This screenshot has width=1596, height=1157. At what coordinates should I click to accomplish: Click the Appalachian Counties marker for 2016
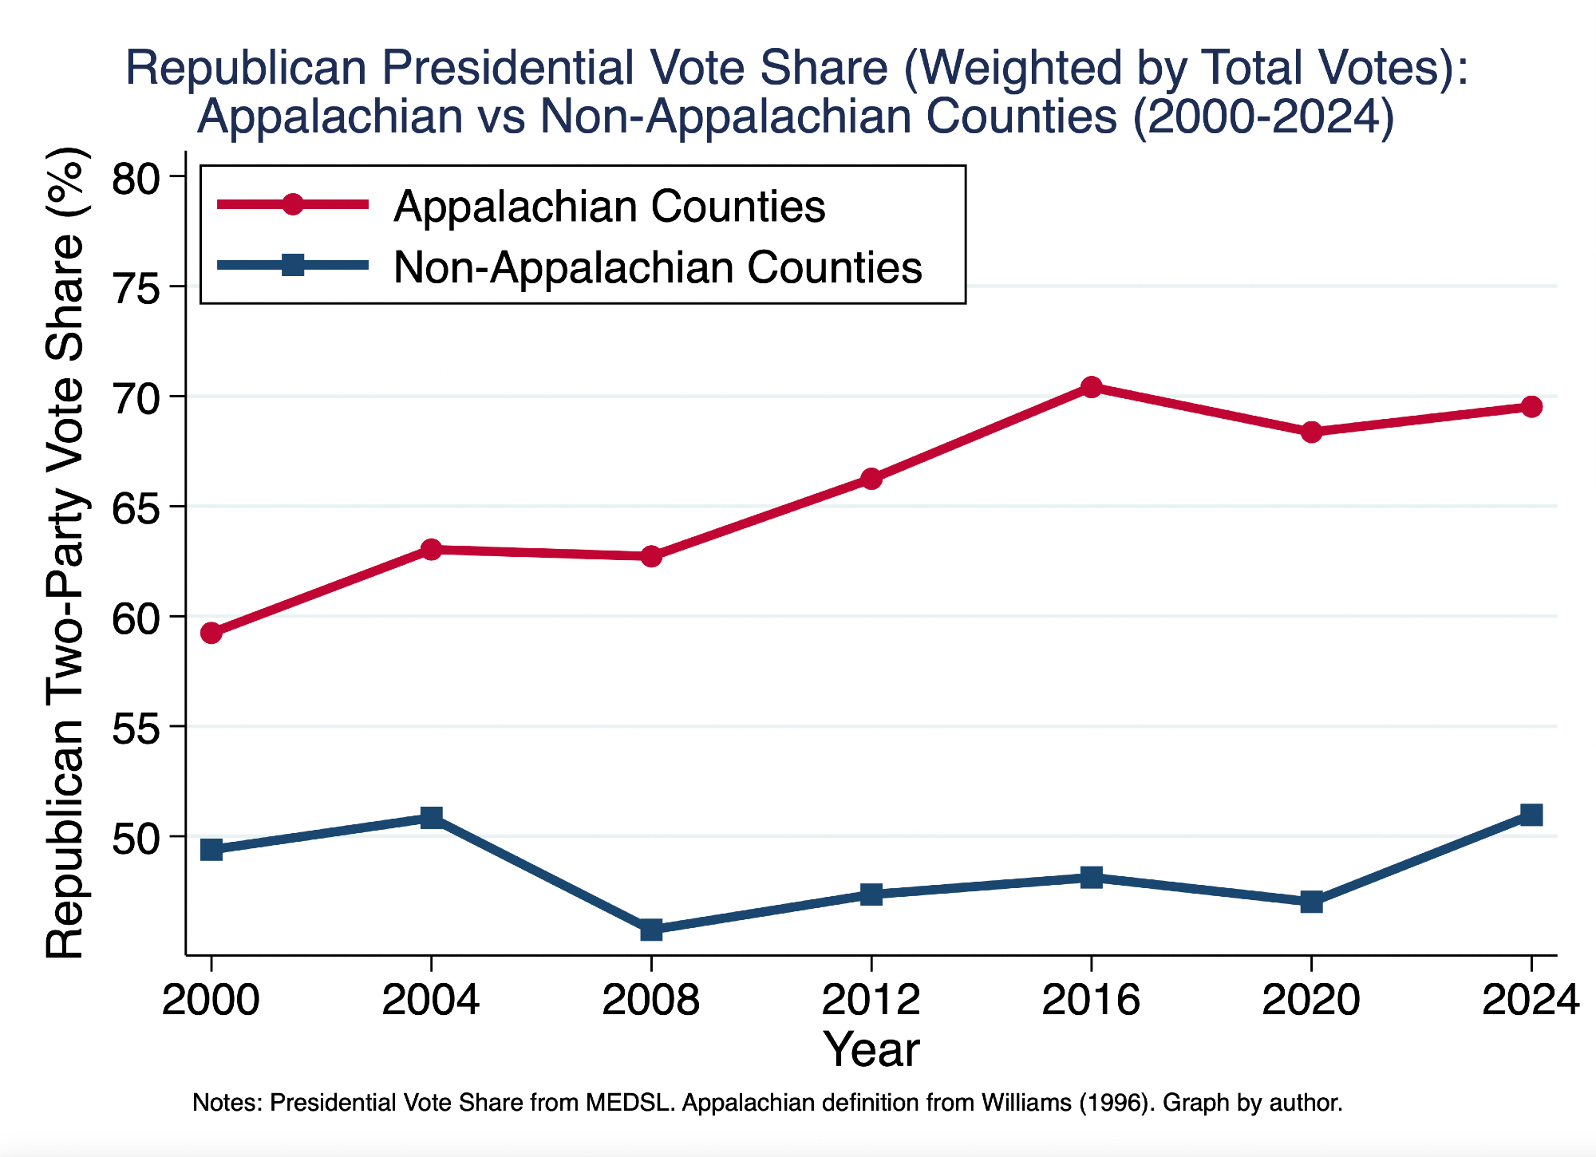(x=1091, y=387)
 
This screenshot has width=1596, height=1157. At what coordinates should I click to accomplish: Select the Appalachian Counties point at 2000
(x=211, y=634)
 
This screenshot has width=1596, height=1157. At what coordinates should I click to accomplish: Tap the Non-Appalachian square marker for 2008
(x=651, y=930)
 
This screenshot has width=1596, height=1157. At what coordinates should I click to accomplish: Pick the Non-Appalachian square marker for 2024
(x=1531, y=815)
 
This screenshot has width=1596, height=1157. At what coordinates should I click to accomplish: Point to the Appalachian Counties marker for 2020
(x=1311, y=432)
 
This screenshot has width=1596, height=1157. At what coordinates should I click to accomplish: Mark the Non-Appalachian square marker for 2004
(x=431, y=817)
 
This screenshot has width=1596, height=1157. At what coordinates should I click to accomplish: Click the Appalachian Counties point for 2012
(x=871, y=479)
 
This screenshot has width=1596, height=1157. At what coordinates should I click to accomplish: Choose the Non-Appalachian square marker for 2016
(x=1091, y=878)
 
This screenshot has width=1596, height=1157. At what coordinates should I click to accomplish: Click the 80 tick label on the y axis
(x=137, y=178)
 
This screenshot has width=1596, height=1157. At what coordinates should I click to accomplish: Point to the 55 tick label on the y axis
(x=137, y=728)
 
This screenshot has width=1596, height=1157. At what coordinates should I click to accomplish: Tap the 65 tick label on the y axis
(x=137, y=507)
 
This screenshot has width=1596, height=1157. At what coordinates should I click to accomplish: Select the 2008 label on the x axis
(x=651, y=1000)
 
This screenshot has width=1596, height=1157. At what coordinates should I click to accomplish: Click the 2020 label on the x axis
(x=1311, y=1000)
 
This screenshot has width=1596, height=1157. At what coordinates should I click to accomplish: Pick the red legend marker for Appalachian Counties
(x=293, y=205)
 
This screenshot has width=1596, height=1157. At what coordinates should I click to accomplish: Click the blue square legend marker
(x=293, y=266)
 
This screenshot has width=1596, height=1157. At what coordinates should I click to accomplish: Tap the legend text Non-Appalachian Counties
(x=658, y=267)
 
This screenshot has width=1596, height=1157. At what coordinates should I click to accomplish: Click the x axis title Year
(x=871, y=1049)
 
